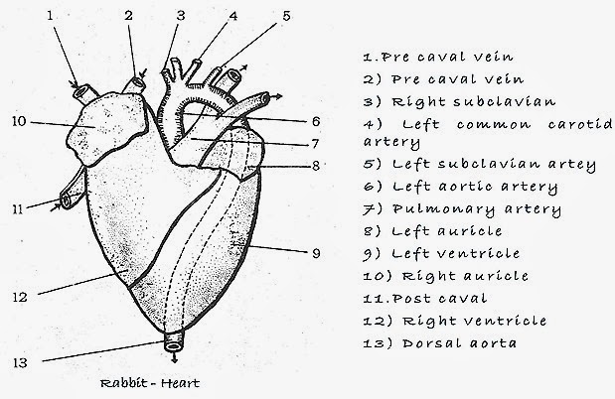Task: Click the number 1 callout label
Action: [x=50, y=15]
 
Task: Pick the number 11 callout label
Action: [x=17, y=208]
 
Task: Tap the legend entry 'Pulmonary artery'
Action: [x=461, y=209]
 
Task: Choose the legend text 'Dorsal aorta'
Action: [x=438, y=342]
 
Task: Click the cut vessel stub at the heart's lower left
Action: [x=67, y=201]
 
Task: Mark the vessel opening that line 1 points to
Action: [x=79, y=89]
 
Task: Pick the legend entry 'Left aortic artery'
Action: [x=463, y=188]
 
